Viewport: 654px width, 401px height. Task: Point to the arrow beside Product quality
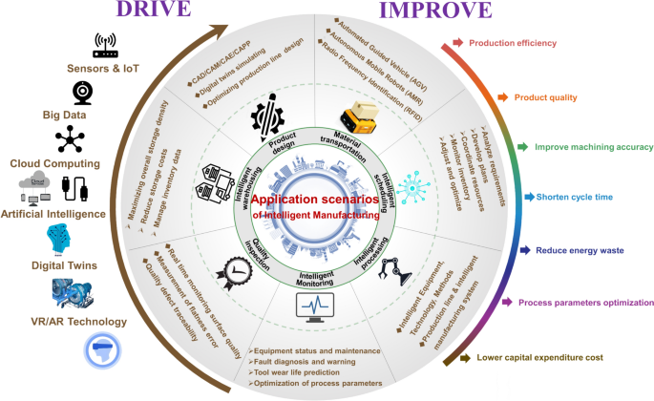point(500,97)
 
